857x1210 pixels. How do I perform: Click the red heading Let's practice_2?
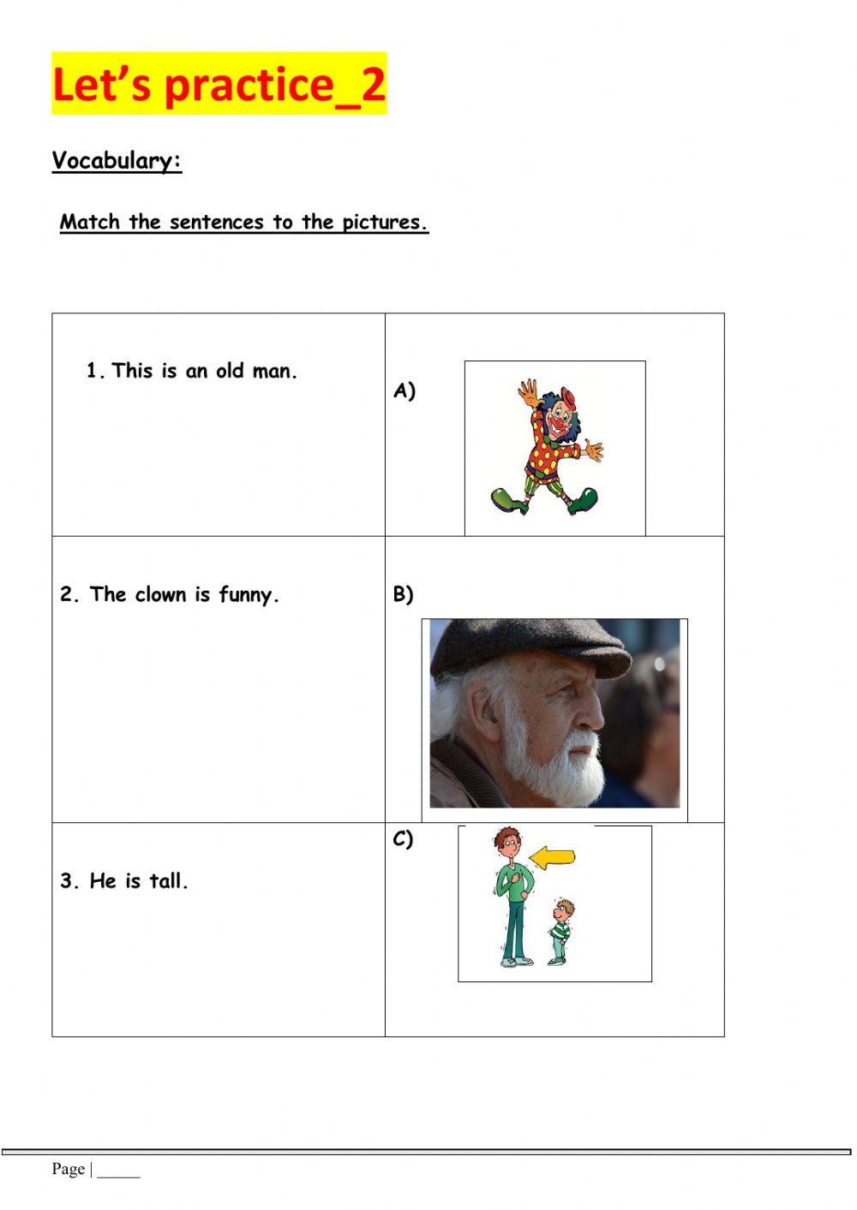tap(219, 84)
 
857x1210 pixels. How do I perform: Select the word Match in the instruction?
tap(90, 223)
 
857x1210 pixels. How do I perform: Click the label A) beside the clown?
tap(404, 391)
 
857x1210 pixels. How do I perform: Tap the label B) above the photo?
tap(403, 594)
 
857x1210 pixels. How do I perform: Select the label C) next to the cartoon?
tap(403, 839)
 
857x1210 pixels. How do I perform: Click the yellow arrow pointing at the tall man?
tap(552, 855)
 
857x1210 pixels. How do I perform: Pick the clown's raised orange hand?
tap(529, 393)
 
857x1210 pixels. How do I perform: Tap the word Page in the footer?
tap(68, 1169)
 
